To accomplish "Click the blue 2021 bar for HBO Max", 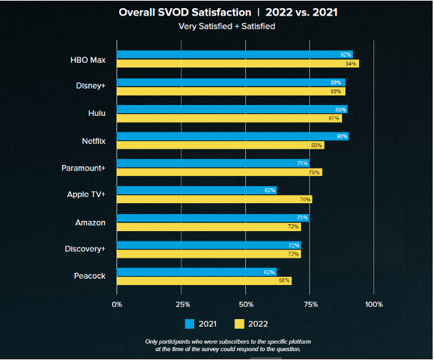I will pos(234,55).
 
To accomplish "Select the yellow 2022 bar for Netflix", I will pos(220,145).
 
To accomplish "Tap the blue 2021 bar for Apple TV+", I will pos(197,190).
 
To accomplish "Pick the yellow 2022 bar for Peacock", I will pos(204,281).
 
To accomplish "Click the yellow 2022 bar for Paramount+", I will pos(219,172).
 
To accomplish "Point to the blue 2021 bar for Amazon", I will pos(213,217).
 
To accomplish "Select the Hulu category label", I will pos(92,113).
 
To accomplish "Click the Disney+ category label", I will pos(90,86).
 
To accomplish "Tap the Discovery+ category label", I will pos(84,249).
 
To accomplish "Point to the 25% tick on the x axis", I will pos(181,304).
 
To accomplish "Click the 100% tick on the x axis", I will pos(373,304).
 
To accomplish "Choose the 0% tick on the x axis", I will pos(117,304).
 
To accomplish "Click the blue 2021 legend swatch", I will pos(191,324).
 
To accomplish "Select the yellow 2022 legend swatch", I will pos(240,324).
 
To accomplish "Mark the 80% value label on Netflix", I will pos(316,145).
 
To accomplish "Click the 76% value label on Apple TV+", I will pos(305,200).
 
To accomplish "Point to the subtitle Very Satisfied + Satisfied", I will pos(217,27).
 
